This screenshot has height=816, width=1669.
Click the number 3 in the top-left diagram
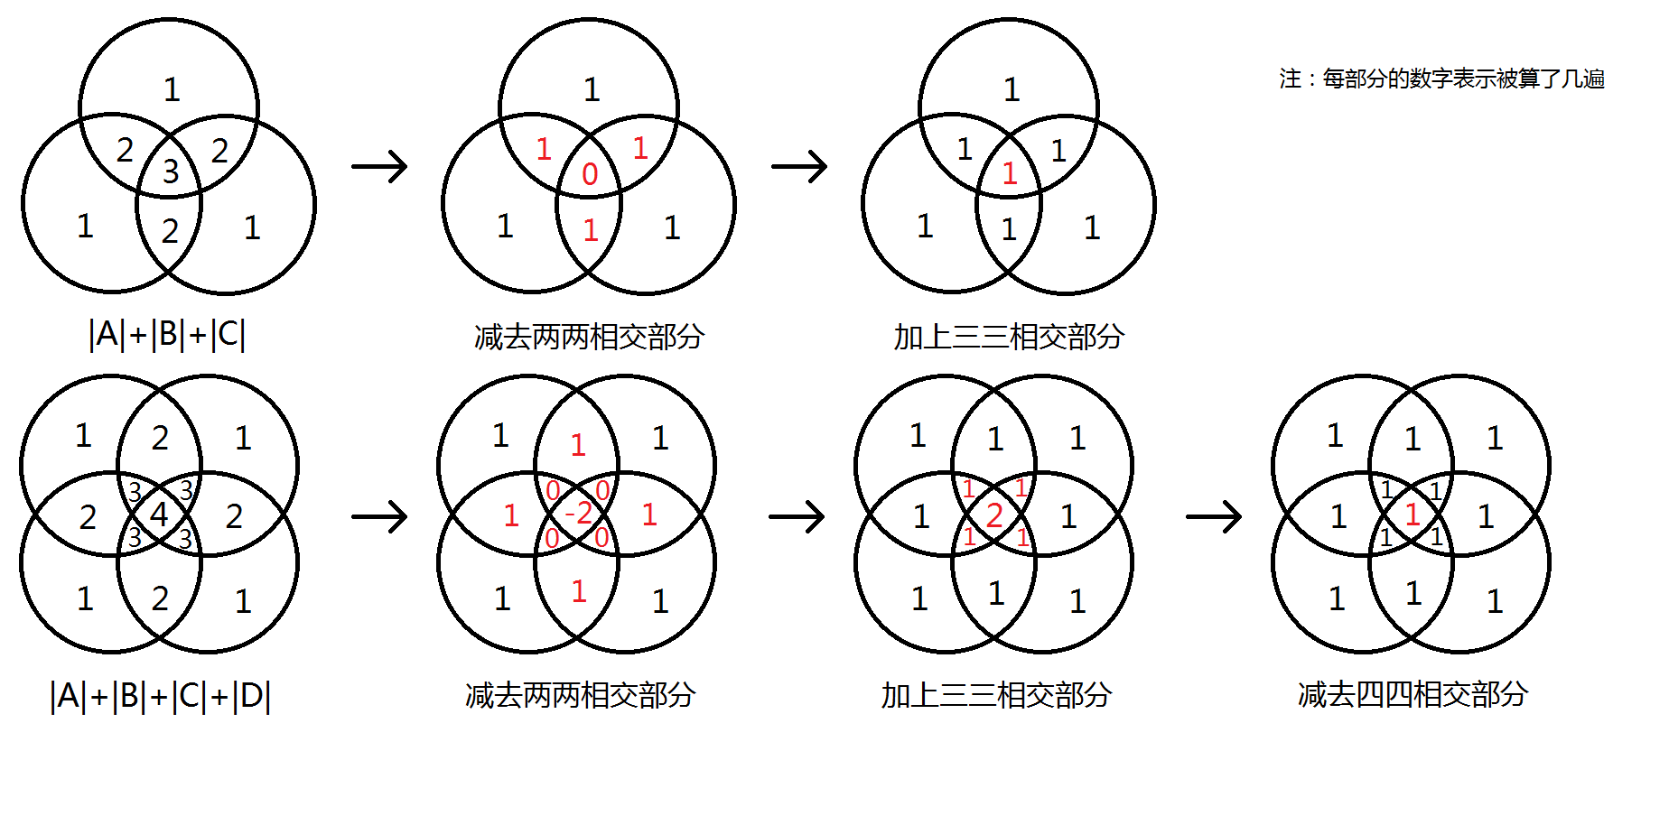(171, 172)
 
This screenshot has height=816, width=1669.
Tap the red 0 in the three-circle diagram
(590, 174)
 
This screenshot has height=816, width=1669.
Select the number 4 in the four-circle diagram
(159, 515)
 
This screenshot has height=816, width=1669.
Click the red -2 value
(578, 514)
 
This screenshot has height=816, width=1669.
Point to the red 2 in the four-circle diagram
(994, 515)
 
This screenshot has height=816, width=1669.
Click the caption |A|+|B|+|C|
(167, 335)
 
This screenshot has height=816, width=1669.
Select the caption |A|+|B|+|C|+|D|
(160, 696)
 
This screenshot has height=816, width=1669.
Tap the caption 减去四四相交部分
(1413, 694)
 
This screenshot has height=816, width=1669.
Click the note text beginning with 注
(1441, 79)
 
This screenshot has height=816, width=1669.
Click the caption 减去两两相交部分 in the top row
(589, 337)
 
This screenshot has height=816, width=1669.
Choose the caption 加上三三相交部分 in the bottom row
(996, 695)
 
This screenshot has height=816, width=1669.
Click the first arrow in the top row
(379, 166)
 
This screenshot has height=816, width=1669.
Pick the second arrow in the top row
(799, 166)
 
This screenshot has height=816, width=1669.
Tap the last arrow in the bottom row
(1214, 517)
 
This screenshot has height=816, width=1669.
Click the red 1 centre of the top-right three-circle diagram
(1010, 173)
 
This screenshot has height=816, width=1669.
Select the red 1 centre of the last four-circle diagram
(1413, 515)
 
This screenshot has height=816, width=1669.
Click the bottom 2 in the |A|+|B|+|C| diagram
(170, 231)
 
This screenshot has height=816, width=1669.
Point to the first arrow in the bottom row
(379, 517)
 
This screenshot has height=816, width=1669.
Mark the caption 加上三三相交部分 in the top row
(1009, 337)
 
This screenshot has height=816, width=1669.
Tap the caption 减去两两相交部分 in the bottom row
(580, 695)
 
